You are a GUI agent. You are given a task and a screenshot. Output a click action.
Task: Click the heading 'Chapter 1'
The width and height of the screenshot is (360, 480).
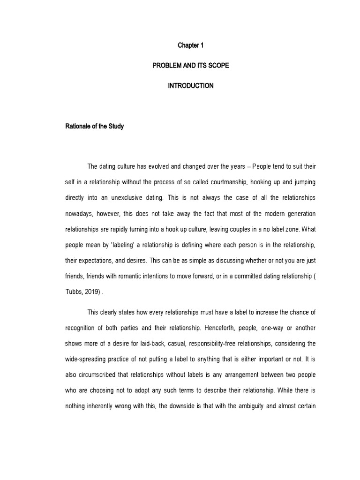click(x=190, y=45)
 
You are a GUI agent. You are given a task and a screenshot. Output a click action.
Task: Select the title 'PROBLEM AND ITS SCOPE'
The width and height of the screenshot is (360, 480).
click(x=190, y=66)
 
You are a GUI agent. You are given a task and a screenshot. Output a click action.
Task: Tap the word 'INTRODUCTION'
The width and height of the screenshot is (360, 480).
click(x=190, y=86)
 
